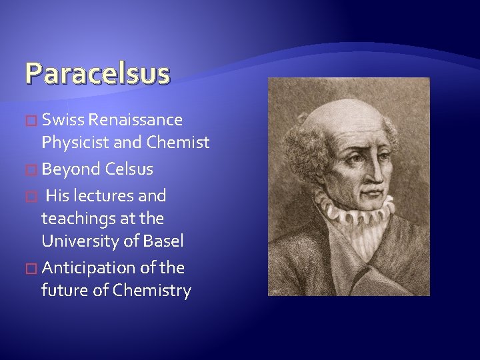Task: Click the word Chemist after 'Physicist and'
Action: point(179,143)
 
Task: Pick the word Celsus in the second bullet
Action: point(129,169)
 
